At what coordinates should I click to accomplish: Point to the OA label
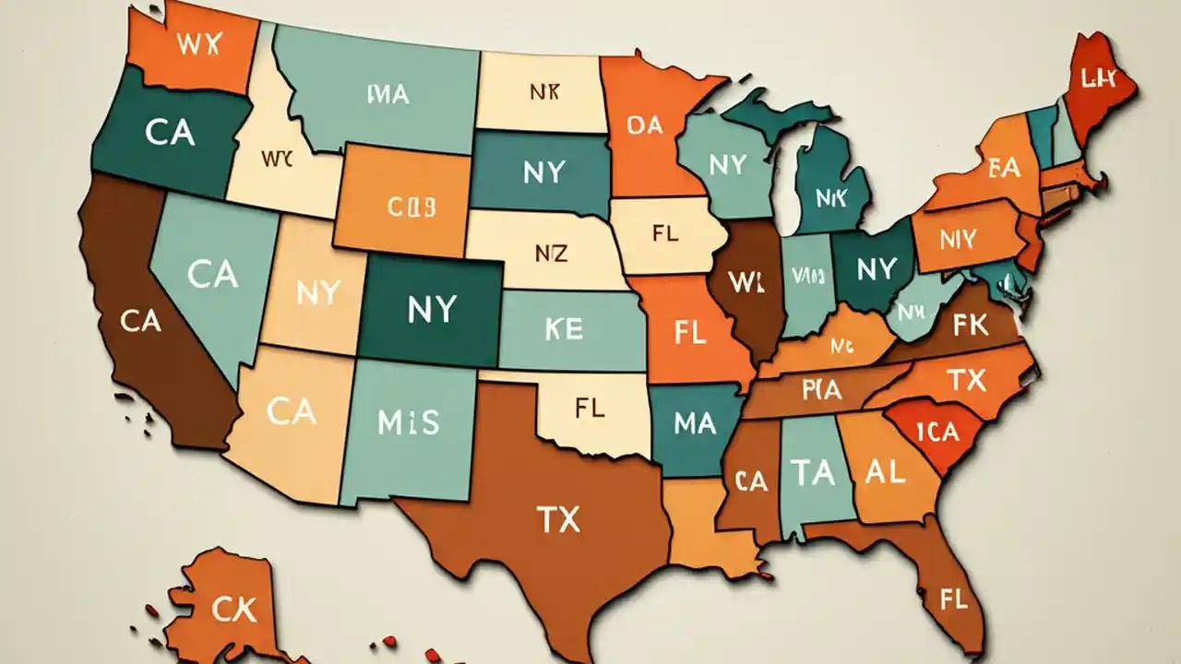tap(645, 125)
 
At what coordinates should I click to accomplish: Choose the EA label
tap(1003, 168)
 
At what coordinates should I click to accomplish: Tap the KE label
tap(564, 329)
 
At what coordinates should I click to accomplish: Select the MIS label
tap(409, 422)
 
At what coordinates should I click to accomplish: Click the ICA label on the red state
tap(939, 432)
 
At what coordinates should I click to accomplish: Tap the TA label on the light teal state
tap(813, 473)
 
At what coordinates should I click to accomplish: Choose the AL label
tap(886, 471)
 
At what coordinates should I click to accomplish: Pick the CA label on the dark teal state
tap(170, 133)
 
